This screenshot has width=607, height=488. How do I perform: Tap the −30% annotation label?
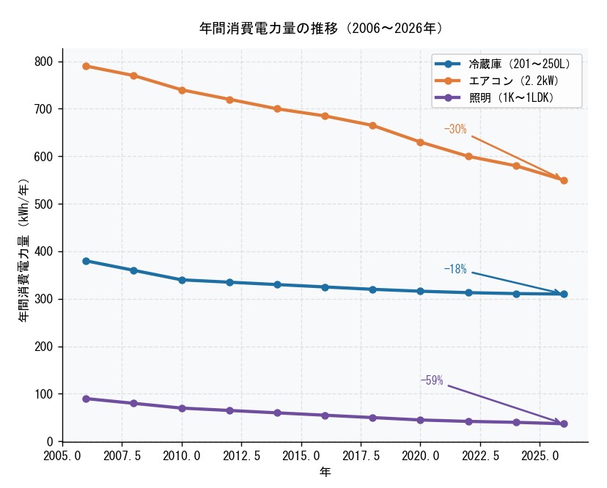[x=455, y=130]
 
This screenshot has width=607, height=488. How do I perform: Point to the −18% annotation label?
[x=455, y=270]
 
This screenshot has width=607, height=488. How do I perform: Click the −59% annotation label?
[x=432, y=381]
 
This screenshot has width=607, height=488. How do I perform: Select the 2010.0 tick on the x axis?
[x=182, y=456]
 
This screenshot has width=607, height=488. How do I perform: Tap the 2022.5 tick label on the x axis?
[x=480, y=456]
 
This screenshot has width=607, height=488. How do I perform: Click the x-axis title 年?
[x=325, y=473]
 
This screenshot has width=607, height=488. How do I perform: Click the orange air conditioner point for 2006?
[x=86, y=66]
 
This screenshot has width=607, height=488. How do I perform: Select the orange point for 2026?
[x=564, y=180]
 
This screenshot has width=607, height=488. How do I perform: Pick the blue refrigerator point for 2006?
[x=86, y=261]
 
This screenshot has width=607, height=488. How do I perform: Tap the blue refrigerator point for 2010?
[x=182, y=280]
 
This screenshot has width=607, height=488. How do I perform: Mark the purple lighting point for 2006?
[x=86, y=399]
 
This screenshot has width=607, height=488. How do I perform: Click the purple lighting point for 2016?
[x=325, y=415]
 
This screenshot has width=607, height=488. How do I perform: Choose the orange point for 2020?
[x=420, y=142]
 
